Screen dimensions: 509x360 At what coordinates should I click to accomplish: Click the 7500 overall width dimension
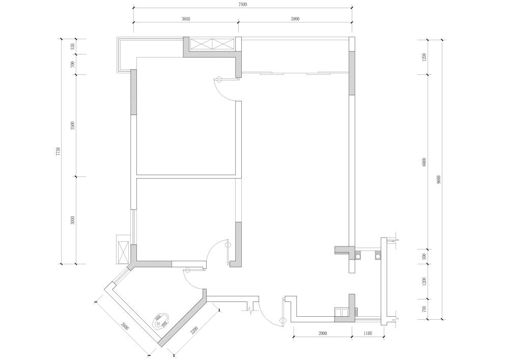242,4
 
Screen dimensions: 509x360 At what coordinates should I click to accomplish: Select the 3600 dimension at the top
186,19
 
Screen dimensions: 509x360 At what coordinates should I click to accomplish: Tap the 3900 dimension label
295,19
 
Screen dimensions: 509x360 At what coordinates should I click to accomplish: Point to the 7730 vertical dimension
58,152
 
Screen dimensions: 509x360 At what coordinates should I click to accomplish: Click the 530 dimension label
73,46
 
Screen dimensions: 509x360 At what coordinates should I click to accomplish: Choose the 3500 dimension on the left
73,126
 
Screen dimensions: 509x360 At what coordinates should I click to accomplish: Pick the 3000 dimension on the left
73,220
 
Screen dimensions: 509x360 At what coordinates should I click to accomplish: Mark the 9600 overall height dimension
439,180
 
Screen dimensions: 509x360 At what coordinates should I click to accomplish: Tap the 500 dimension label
424,257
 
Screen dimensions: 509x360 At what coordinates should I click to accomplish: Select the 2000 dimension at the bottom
323,334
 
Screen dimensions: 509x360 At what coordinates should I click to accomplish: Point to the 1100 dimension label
368,334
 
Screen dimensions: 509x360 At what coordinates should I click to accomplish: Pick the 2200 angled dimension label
194,330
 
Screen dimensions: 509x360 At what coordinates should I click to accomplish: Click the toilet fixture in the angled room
161,321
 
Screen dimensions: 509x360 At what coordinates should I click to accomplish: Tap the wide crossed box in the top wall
212,44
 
